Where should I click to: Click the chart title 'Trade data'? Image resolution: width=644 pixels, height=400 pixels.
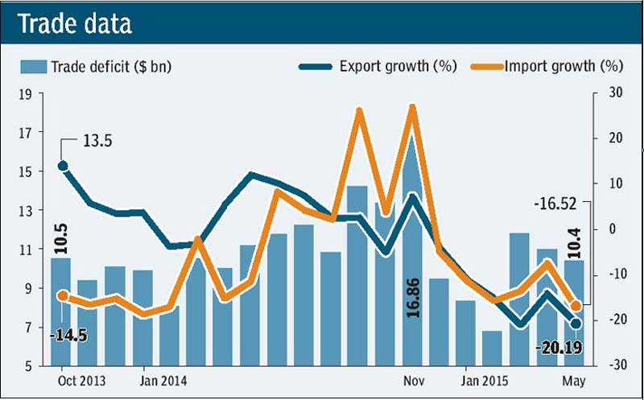click(x=74, y=24)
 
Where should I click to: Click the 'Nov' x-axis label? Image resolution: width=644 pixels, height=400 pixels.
click(x=414, y=381)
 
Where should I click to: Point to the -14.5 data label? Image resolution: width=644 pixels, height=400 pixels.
click(x=63, y=333)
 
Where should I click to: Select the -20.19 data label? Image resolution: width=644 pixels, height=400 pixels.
click(x=557, y=348)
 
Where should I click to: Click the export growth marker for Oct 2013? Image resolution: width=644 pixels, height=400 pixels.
click(x=63, y=166)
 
